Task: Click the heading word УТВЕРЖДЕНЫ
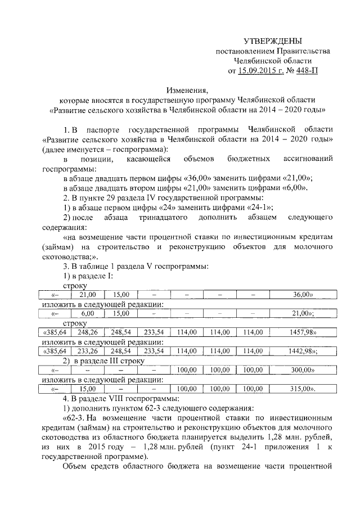[272, 41]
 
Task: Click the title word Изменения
[187, 89]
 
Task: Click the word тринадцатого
[179, 218]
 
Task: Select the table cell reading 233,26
[88, 350]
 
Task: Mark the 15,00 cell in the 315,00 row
[88, 388]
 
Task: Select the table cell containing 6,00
[88, 313]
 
